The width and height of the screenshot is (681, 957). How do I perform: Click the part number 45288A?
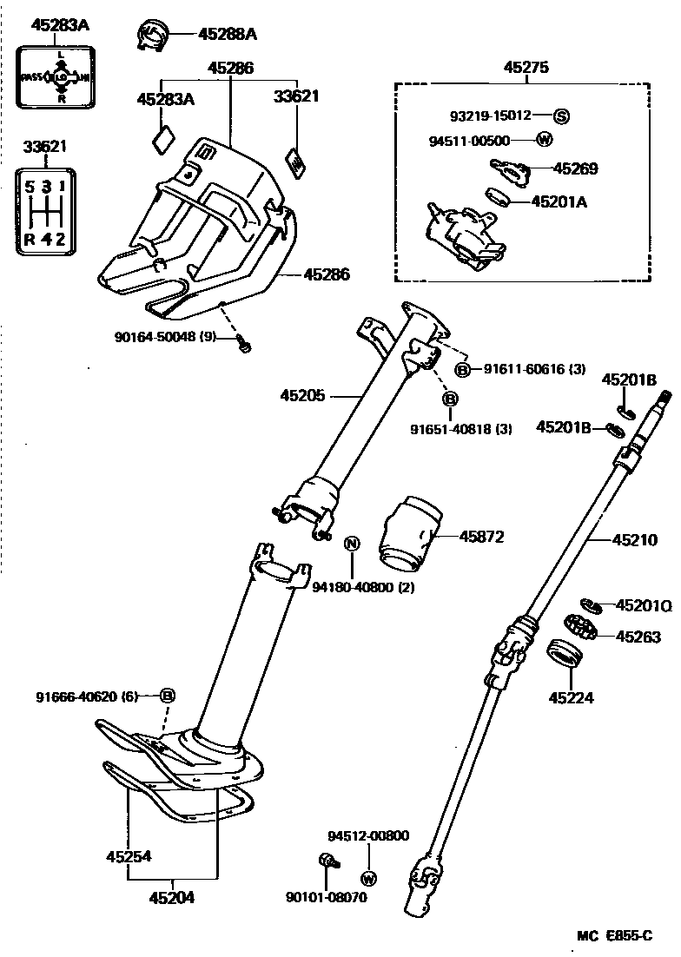(228, 34)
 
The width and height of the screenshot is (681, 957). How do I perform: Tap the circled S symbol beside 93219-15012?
(561, 115)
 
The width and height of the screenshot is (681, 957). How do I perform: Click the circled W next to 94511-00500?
(545, 140)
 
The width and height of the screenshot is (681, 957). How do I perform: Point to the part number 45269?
(575, 169)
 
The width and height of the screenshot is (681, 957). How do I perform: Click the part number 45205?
(302, 396)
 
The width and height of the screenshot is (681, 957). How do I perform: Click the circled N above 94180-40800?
(352, 544)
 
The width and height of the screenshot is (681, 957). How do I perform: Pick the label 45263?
(638, 637)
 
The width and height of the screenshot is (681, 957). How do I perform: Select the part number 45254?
(129, 856)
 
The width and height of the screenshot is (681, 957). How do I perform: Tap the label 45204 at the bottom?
(171, 897)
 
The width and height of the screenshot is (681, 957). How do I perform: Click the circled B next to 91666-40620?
(168, 696)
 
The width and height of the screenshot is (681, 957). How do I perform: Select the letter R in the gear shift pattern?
(30, 240)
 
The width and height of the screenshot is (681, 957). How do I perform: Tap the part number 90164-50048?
(155, 336)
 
